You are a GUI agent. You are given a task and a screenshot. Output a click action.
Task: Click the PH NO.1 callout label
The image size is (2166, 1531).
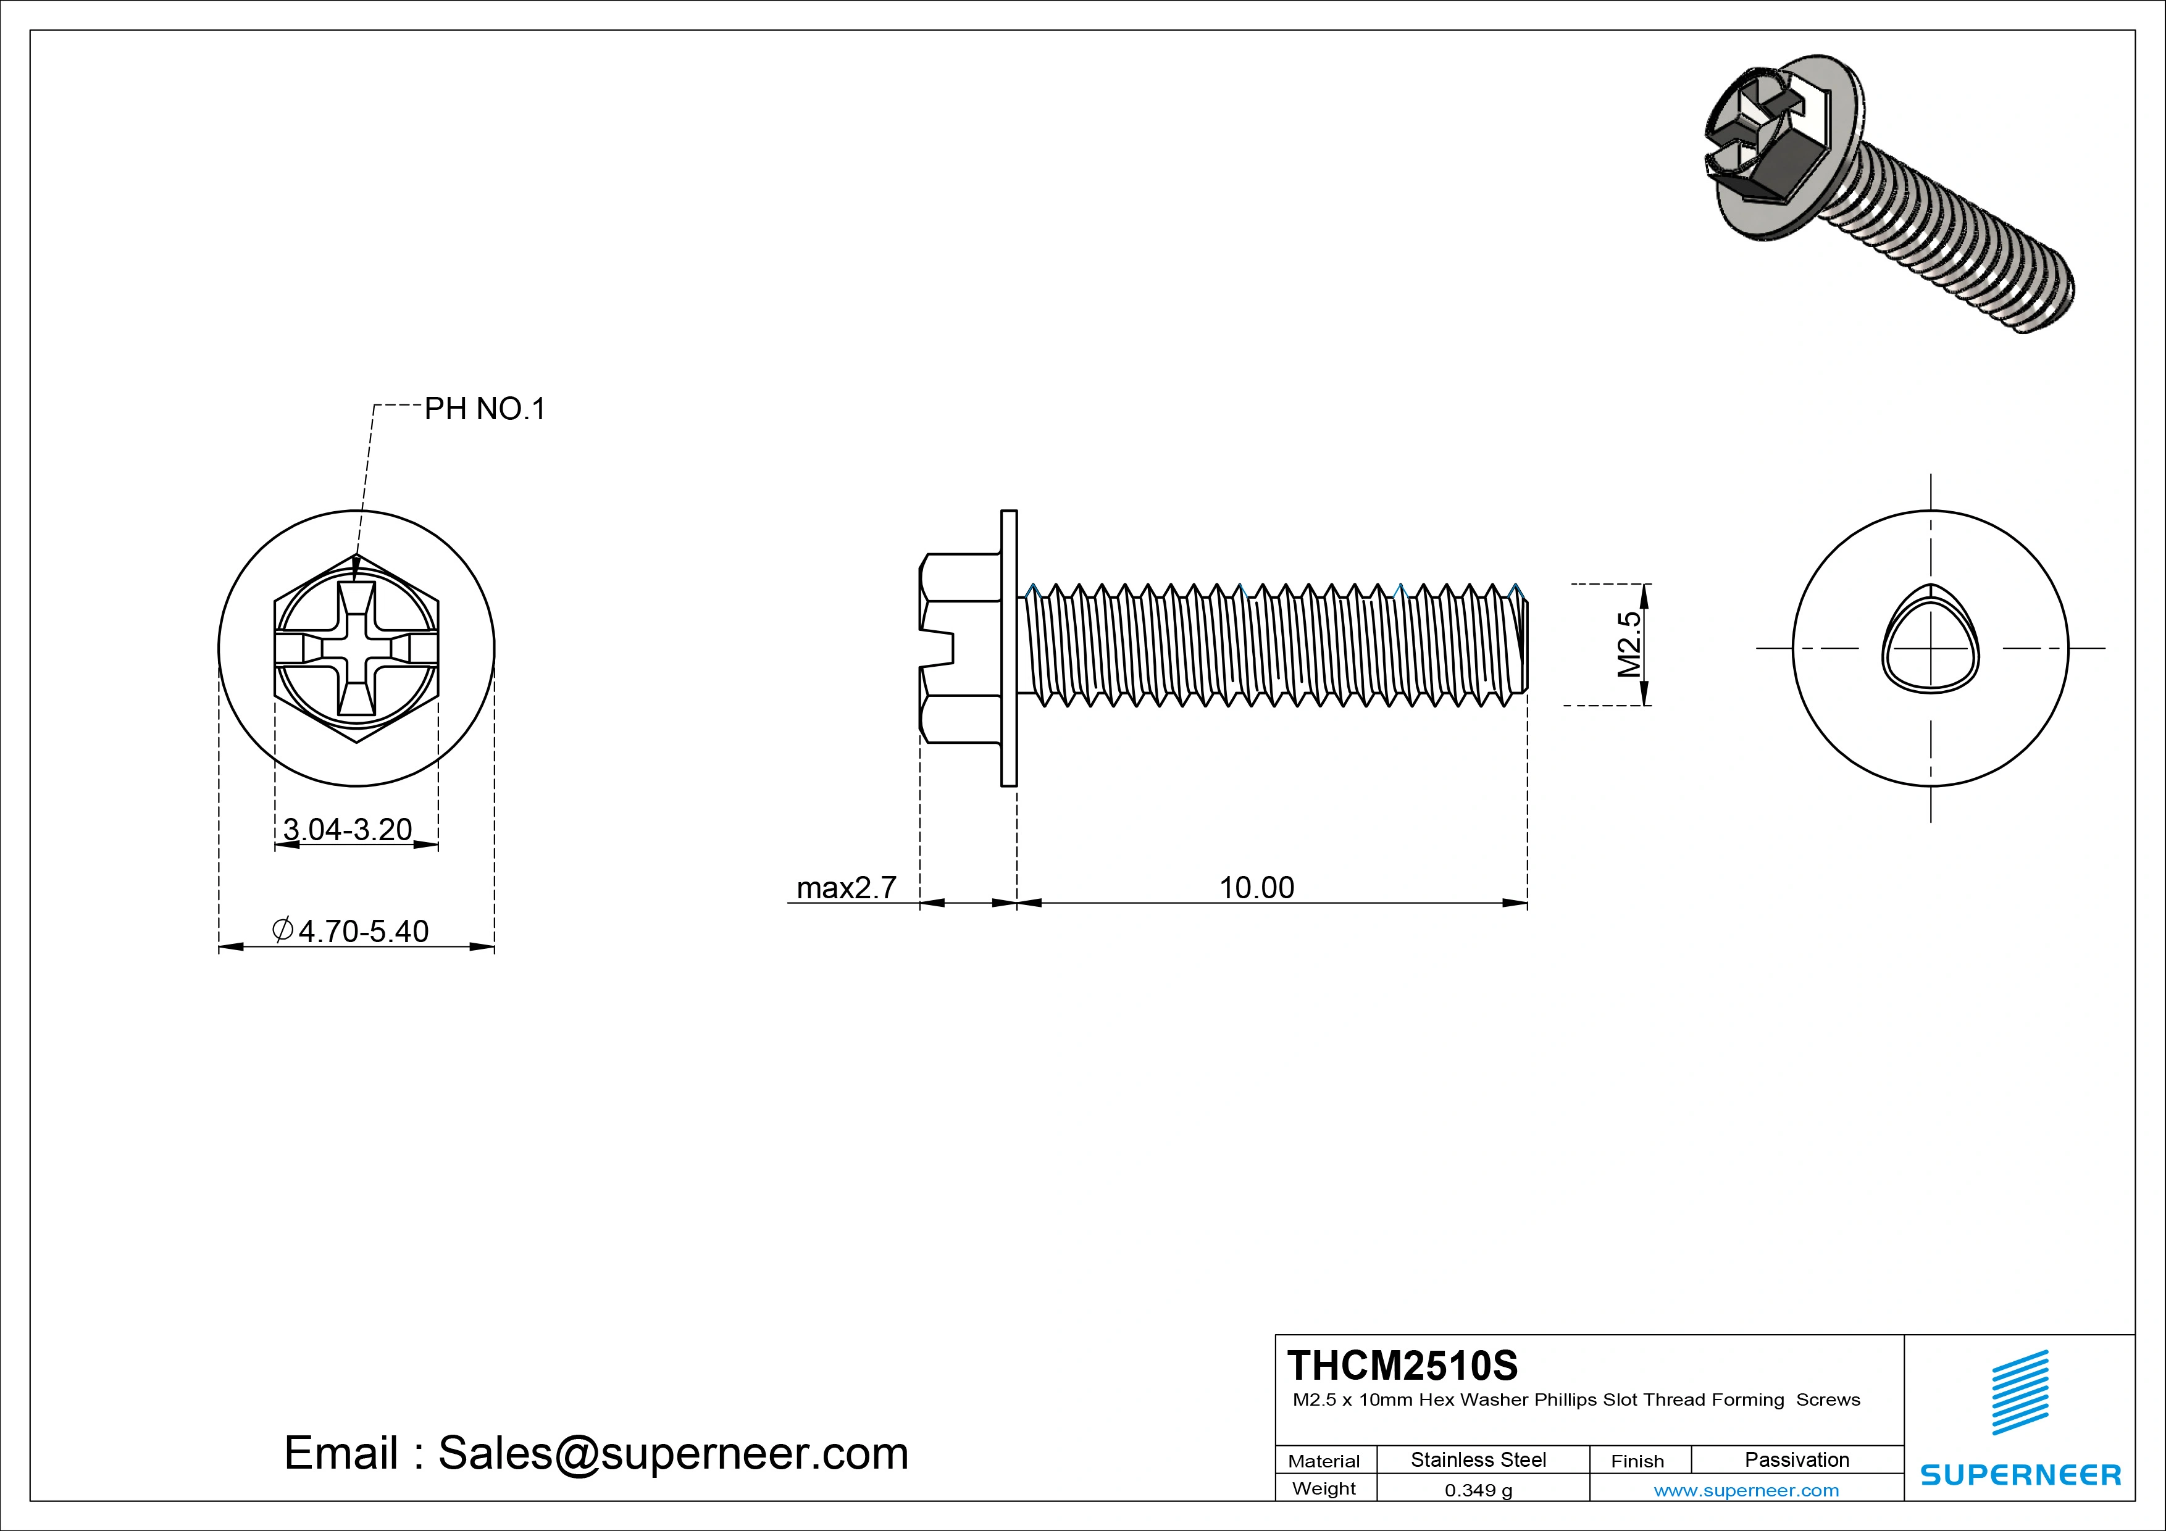484,409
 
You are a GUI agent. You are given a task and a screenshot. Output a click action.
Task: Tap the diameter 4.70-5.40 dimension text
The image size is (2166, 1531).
351,931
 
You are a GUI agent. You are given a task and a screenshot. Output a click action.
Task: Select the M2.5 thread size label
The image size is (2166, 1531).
1629,645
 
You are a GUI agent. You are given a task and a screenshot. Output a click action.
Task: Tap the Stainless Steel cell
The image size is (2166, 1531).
1478,1459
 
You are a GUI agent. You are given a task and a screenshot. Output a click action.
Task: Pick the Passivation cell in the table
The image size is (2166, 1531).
1796,1459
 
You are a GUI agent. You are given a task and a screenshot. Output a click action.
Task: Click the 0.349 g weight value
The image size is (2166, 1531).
1478,1490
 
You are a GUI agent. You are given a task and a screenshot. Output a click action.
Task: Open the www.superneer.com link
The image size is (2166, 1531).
1746,1490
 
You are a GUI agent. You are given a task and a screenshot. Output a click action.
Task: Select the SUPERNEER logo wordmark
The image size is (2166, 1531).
2020,1474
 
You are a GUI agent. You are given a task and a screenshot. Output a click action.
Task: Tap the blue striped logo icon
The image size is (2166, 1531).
2019,1392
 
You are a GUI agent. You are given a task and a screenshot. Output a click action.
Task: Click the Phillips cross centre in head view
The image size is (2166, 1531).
357,648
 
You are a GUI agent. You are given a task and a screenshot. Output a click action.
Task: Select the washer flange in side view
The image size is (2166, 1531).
1008,648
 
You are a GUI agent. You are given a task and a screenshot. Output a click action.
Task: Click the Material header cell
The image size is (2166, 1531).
1324,1461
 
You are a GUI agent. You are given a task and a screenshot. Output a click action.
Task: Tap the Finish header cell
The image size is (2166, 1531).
1637,1461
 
